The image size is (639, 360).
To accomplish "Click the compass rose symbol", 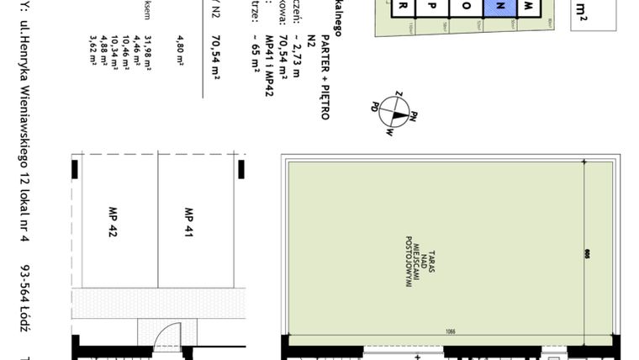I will pyautogui.click(x=393, y=113).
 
